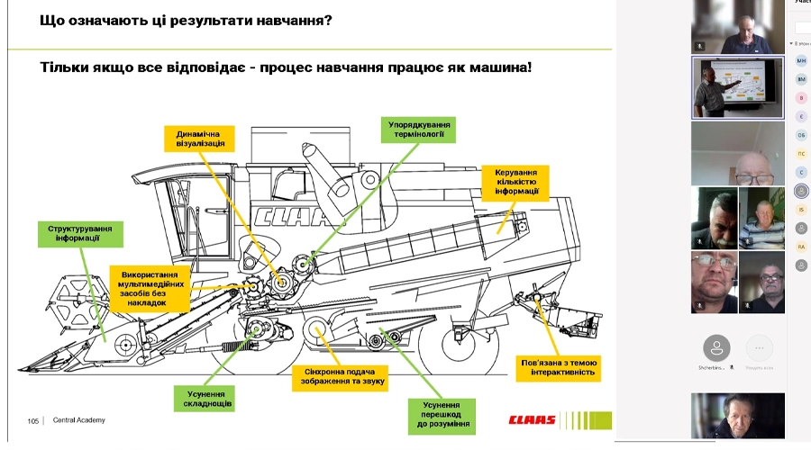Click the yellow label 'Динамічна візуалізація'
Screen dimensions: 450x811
195,137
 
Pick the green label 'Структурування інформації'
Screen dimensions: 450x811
80,234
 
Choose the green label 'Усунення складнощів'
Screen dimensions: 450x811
206,399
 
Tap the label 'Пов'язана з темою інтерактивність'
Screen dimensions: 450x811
560,367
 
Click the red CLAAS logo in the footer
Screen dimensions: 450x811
532,420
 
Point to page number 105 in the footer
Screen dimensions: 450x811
33,420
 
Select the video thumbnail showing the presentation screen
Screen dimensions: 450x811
735,87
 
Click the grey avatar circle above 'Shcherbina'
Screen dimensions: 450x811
716,346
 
